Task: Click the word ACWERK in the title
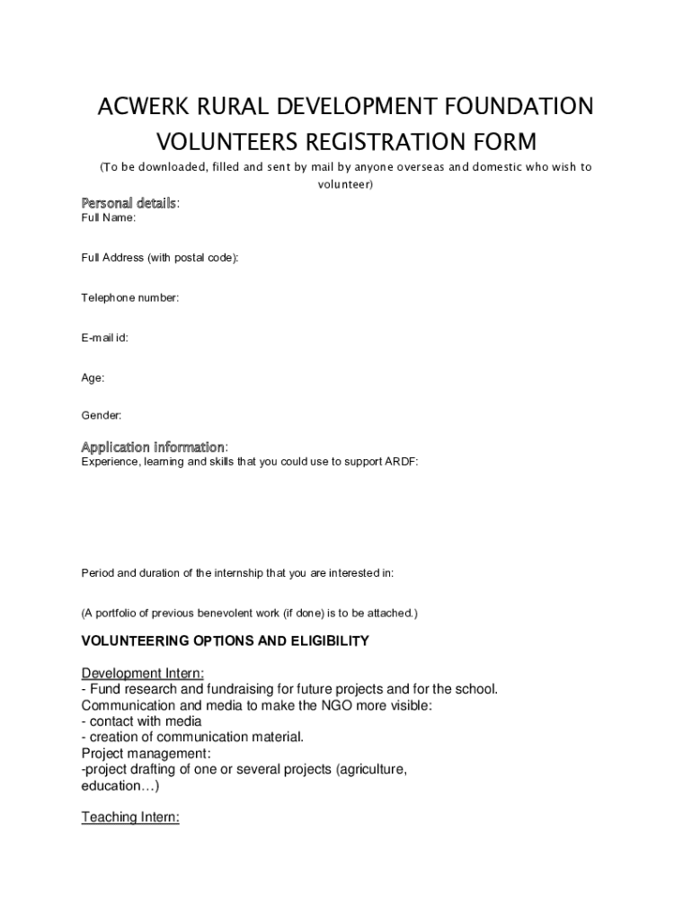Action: click(145, 107)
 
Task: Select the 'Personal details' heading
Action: click(129, 203)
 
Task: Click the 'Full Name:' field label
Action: click(109, 218)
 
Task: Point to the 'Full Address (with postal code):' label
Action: click(160, 258)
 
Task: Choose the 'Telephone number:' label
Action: click(130, 297)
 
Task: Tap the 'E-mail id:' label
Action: click(104, 338)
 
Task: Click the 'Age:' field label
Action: click(93, 378)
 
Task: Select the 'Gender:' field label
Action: click(102, 415)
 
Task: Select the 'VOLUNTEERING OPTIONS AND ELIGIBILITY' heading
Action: click(226, 641)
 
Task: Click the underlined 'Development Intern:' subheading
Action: click(143, 674)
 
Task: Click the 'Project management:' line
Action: click(146, 753)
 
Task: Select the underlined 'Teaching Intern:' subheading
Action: click(130, 818)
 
